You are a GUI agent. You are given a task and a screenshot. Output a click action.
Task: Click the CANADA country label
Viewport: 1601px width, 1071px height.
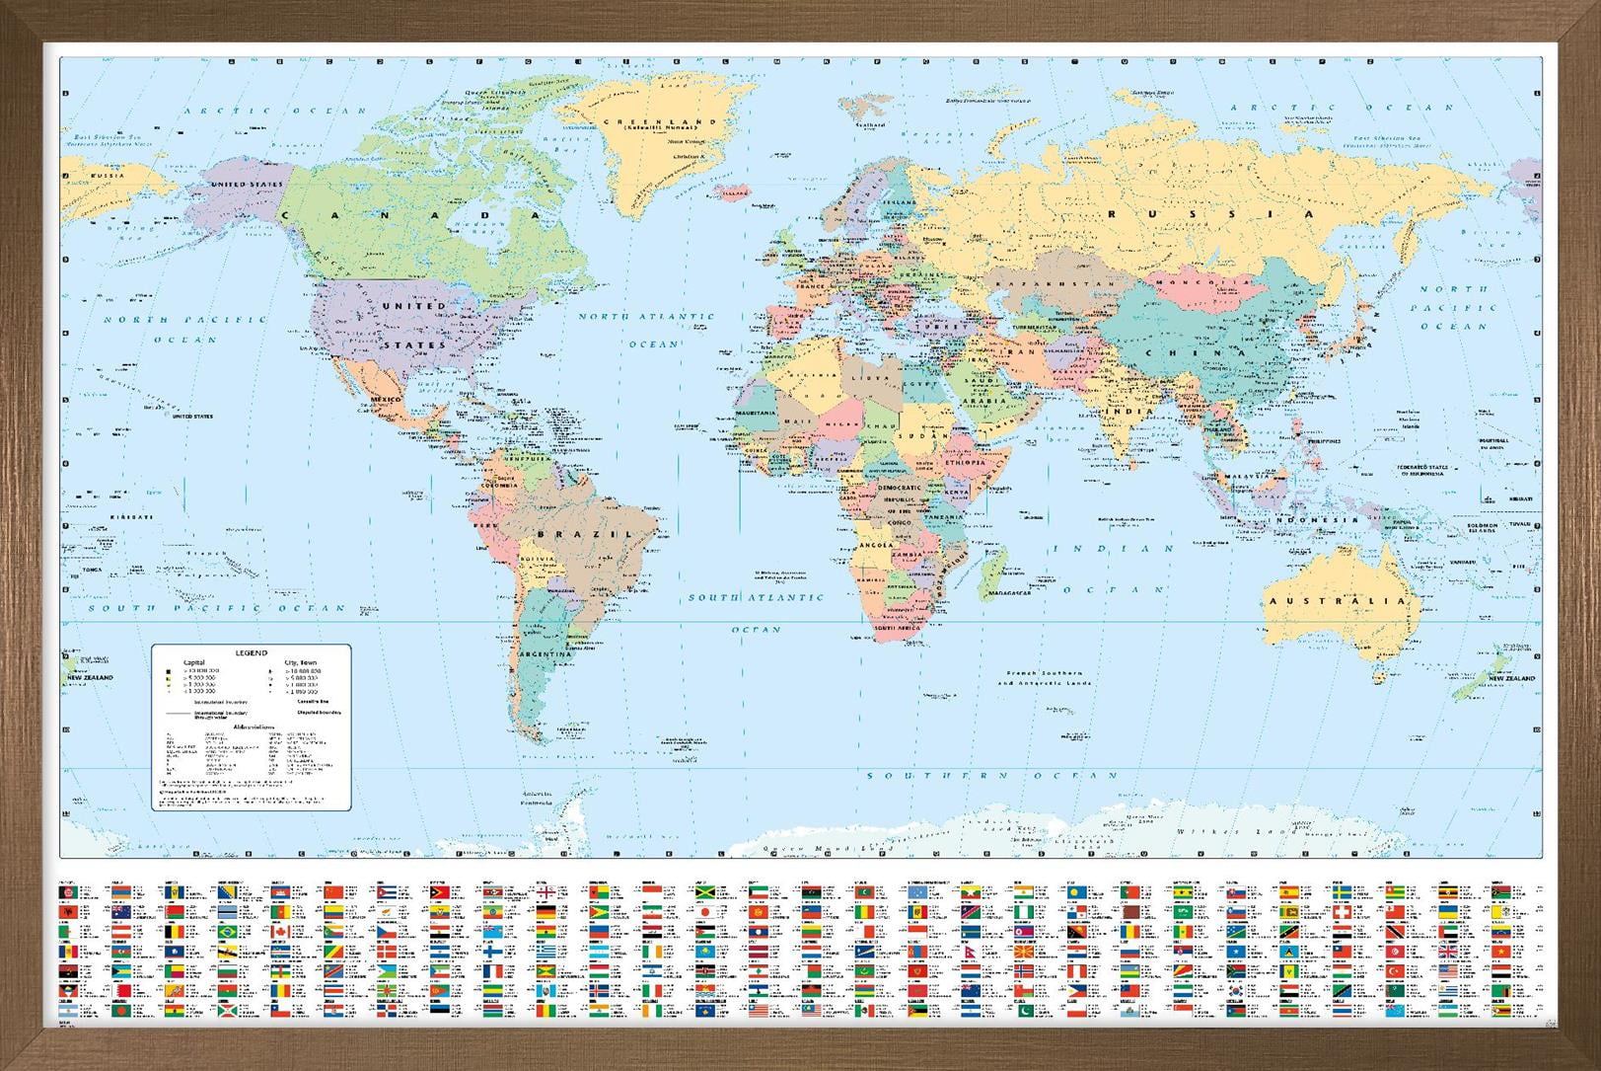413,214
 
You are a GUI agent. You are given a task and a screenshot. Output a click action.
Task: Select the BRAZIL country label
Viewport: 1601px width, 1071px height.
583,534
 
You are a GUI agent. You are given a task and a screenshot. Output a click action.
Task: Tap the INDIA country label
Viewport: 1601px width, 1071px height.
1116,410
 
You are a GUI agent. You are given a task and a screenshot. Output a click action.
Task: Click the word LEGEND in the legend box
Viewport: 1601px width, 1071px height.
251,653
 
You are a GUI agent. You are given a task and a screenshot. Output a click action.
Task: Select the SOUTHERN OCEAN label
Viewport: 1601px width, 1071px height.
992,776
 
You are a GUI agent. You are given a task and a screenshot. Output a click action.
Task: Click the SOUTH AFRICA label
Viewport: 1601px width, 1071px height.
897,628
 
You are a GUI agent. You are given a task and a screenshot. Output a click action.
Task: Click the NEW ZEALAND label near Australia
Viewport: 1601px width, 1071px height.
1511,679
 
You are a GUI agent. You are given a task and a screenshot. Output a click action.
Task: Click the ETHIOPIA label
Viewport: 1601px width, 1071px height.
965,462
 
